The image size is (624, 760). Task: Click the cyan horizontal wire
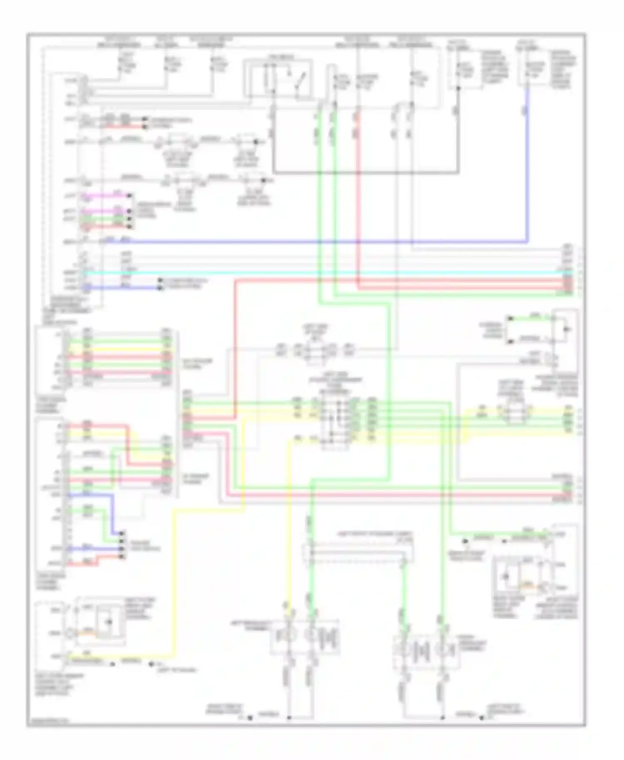(x=333, y=273)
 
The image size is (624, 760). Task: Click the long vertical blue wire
(x=527, y=166)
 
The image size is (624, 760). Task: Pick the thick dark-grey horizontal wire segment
(x=366, y=172)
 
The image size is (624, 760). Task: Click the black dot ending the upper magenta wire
(x=130, y=195)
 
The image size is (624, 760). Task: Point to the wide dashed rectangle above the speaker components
(x=358, y=553)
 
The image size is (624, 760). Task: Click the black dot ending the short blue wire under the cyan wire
(x=159, y=287)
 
